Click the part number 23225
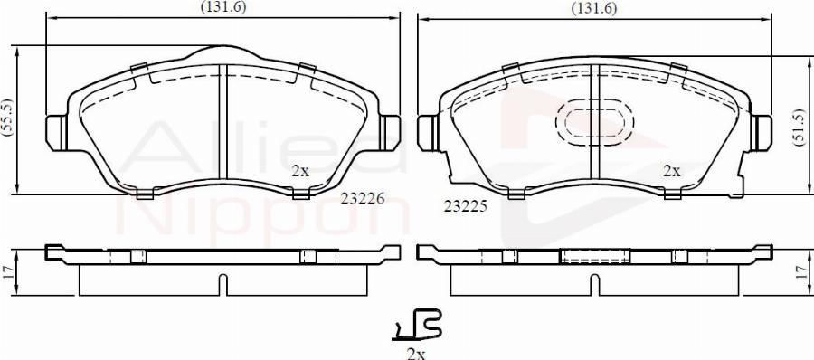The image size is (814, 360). point(466,205)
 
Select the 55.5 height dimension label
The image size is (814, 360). point(9,119)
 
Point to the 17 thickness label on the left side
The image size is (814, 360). point(9,270)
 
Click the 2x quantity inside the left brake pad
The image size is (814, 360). point(300,170)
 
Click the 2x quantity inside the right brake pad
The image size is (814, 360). point(672,170)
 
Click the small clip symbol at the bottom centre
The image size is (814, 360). point(416,323)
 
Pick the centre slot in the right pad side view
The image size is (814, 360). point(592,284)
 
